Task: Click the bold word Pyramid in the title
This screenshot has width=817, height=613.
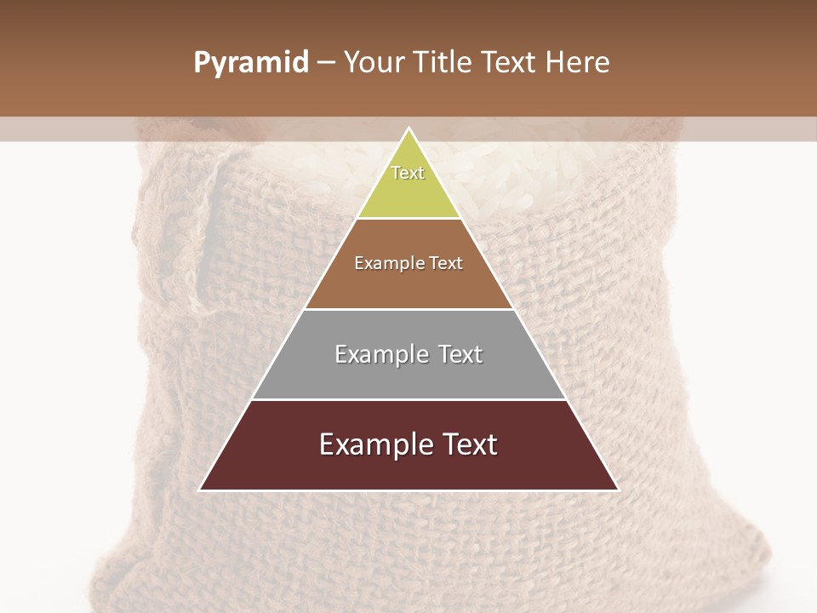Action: (x=251, y=63)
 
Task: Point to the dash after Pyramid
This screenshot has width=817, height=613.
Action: (x=326, y=63)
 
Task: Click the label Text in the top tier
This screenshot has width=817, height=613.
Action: (x=408, y=173)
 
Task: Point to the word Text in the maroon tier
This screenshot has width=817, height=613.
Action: (x=467, y=444)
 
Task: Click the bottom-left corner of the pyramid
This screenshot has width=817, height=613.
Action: (x=201, y=490)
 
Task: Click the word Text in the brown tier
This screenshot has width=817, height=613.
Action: (x=444, y=264)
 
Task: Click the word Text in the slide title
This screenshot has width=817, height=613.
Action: (x=509, y=63)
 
